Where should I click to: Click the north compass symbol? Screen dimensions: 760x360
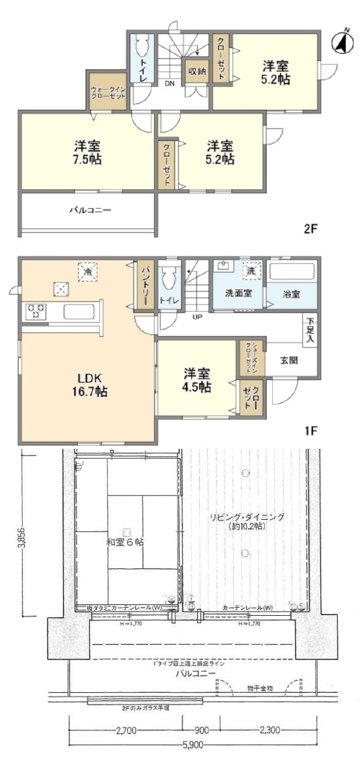point(343,42)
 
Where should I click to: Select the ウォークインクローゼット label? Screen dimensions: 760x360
point(108,92)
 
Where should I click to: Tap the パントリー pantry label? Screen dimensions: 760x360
point(144,284)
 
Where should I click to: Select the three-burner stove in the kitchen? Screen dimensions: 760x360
point(35,311)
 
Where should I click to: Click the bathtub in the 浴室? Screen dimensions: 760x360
point(292,273)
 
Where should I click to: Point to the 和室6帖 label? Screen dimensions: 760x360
point(125,541)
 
